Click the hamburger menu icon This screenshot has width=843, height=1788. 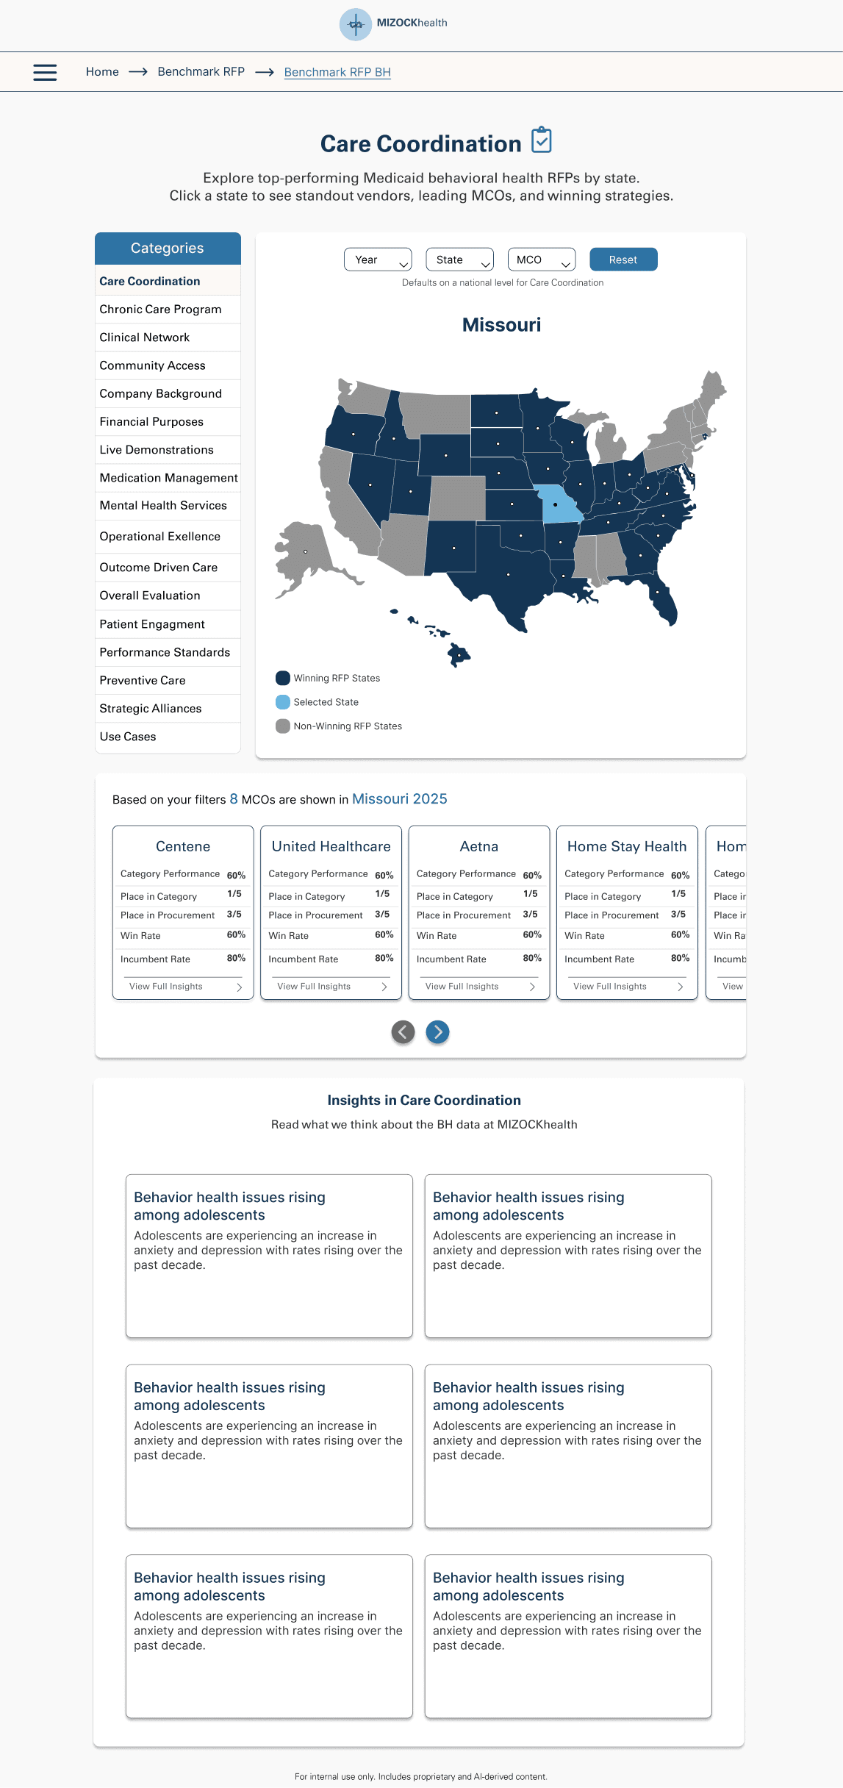click(45, 72)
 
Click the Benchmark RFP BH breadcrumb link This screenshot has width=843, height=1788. click(337, 72)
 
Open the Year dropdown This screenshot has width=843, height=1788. click(378, 260)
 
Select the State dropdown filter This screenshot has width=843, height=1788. click(459, 260)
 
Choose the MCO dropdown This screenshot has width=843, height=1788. click(541, 260)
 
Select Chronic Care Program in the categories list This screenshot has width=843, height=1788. click(160, 310)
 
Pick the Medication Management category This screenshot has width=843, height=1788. click(168, 478)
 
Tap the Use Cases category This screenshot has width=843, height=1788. click(128, 737)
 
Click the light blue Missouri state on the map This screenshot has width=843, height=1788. click(559, 504)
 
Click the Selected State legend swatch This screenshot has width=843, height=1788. click(283, 702)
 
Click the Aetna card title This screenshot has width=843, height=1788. click(479, 846)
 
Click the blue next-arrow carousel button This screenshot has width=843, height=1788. click(437, 1032)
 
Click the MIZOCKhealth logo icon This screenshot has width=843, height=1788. click(356, 24)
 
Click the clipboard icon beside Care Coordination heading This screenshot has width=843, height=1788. click(542, 140)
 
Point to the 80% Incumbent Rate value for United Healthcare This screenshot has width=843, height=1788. click(384, 958)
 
